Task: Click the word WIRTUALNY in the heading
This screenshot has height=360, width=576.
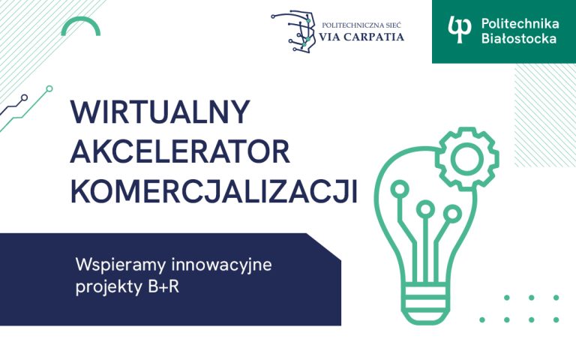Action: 159,113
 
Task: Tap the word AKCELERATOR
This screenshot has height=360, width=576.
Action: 180,152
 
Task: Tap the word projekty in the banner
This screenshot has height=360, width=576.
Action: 106,287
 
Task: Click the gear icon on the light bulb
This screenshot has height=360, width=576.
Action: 466,158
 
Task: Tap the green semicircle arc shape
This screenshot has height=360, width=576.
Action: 81,27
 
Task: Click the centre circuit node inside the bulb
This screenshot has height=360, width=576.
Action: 426,209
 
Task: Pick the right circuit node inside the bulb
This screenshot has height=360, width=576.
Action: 451,214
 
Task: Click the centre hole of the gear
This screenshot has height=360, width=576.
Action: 466,158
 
